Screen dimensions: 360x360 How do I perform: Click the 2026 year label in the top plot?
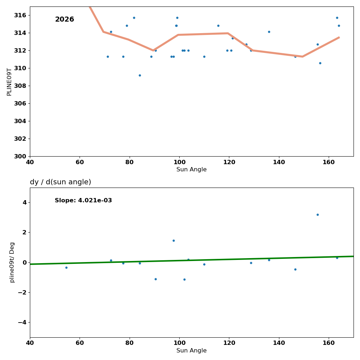click(x=64, y=19)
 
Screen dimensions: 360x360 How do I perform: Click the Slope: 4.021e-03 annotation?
click(x=83, y=201)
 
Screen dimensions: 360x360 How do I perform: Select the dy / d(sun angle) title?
click(x=60, y=182)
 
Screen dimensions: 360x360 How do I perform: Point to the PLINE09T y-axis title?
click(x=9, y=82)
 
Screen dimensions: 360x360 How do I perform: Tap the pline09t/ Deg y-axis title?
click(x=12, y=262)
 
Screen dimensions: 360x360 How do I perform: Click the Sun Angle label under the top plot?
click(x=192, y=170)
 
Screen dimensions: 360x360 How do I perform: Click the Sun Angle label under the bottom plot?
click(x=192, y=351)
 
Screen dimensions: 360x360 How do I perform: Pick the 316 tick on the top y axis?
click(x=22, y=15)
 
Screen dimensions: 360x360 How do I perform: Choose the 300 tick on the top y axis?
click(x=22, y=156)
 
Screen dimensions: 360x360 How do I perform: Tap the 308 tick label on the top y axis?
click(x=22, y=86)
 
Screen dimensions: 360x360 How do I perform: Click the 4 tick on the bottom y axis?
click(x=24, y=202)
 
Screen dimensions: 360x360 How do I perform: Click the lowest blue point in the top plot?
click(x=140, y=75)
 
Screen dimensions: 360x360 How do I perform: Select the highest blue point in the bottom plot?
click(x=318, y=215)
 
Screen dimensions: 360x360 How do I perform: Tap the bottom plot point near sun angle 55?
click(x=66, y=267)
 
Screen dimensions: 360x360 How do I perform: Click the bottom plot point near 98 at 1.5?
click(x=174, y=240)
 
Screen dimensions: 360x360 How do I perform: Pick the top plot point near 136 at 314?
click(x=269, y=32)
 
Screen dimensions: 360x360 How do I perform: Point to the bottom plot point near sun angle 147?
click(x=295, y=269)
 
